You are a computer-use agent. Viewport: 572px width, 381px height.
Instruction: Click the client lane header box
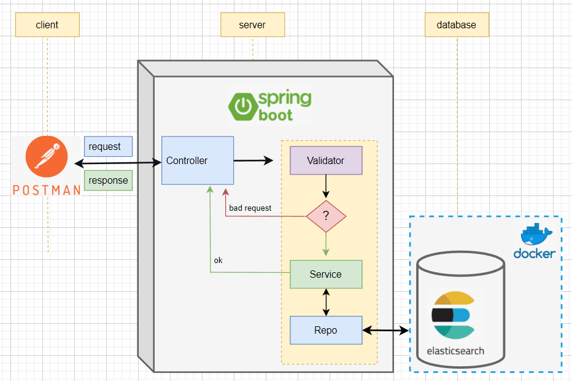tap(47, 25)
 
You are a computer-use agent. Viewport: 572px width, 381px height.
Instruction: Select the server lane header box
tap(252, 25)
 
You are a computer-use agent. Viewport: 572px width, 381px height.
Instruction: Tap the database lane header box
tap(456, 25)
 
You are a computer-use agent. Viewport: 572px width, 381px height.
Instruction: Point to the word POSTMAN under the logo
tap(47, 190)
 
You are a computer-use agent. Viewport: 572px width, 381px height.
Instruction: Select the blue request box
tap(108, 147)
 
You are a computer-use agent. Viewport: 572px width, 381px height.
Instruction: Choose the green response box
tap(108, 181)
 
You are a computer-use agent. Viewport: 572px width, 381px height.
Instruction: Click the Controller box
tap(197, 161)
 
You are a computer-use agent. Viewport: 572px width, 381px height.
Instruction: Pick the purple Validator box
tap(326, 161)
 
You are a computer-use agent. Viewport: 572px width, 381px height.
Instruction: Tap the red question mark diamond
tap(326, 216)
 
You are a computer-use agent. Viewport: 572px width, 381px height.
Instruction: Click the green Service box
tap(326, 274)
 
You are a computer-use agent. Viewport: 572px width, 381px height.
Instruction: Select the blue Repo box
tap(326, 331)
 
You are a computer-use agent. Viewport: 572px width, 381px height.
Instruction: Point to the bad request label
tap(250, 208)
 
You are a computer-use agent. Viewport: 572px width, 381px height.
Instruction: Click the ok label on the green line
tap(218, 260)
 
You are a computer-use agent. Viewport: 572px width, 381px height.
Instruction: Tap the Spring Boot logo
tap(270, 106)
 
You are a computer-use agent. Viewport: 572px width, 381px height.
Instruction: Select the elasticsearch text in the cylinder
tap(455, 352)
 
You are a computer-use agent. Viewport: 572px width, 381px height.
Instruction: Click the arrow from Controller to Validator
tap(253, 161)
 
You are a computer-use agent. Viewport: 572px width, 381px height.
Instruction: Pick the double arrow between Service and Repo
tap(326, 302)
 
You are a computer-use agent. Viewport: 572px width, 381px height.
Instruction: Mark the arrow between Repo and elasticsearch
tap(386, 331)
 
